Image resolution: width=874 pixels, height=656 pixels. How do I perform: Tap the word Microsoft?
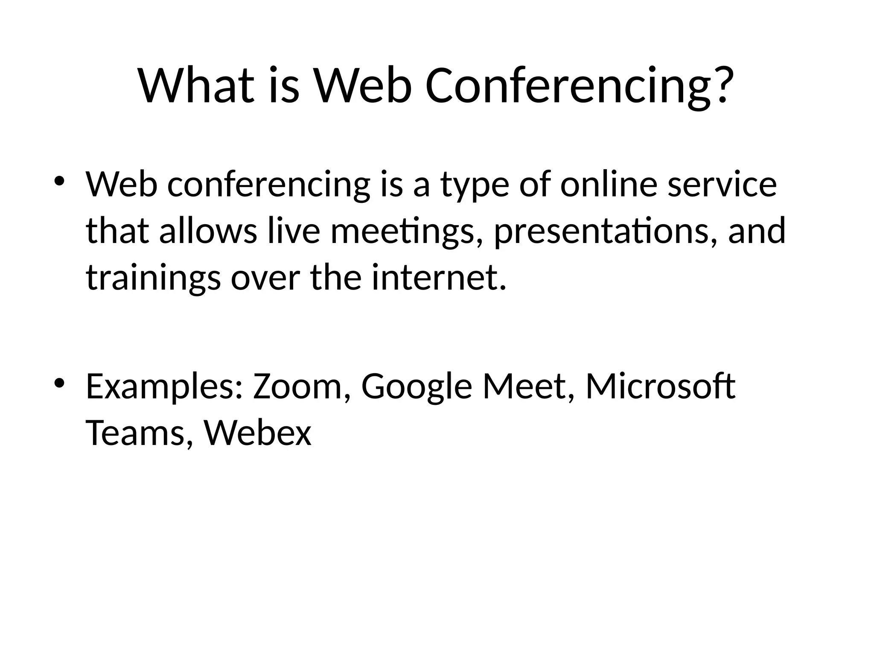pyautogui.click(x=660, y=386)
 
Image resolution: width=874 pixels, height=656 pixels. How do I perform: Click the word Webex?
pyautogui.click(x=258, y=433)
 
